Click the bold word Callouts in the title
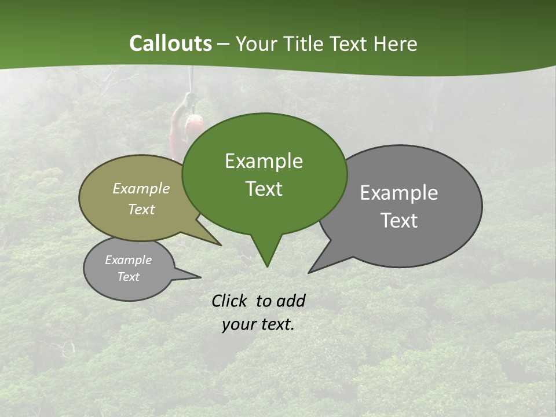[x=170, y=43]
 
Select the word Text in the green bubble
[x=264, y=189]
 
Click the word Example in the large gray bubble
[x=398, y=192]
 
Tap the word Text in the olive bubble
[x=141, y=209]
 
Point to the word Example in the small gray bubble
[x=128, y=260]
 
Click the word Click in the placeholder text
[x=230, y=301]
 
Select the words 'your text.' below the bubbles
[x=258, y=324]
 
